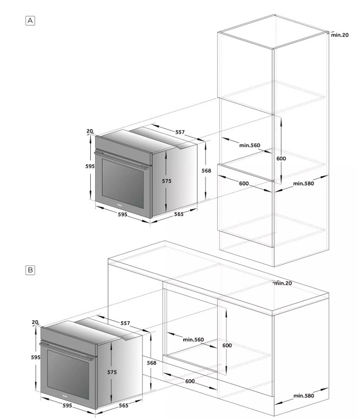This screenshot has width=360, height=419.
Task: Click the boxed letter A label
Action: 30,21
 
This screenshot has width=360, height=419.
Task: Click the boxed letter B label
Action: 30,270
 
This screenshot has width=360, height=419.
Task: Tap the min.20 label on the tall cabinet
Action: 340,35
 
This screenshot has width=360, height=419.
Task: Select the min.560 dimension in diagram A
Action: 250,146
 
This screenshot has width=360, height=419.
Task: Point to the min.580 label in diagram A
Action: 304,184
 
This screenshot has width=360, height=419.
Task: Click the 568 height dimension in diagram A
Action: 207,170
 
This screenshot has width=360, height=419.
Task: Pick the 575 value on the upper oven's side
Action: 167,181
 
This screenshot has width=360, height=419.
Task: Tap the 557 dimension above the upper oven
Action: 180,132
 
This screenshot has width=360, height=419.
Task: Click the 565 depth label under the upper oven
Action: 179,215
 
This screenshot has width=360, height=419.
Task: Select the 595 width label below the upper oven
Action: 123,215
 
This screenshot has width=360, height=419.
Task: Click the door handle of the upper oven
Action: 122,160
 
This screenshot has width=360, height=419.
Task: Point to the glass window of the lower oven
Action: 68,371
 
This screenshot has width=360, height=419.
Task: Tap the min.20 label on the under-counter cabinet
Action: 283,283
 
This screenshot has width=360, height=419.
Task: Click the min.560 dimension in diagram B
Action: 193,340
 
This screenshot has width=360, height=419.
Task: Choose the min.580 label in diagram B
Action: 304,396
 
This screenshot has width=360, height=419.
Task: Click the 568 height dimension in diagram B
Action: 151,363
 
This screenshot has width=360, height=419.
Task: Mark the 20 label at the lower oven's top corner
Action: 35,322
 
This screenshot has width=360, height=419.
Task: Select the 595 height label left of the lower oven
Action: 36,357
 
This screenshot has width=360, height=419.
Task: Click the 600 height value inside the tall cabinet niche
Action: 281,158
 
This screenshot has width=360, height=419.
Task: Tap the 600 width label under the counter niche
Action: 190,381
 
